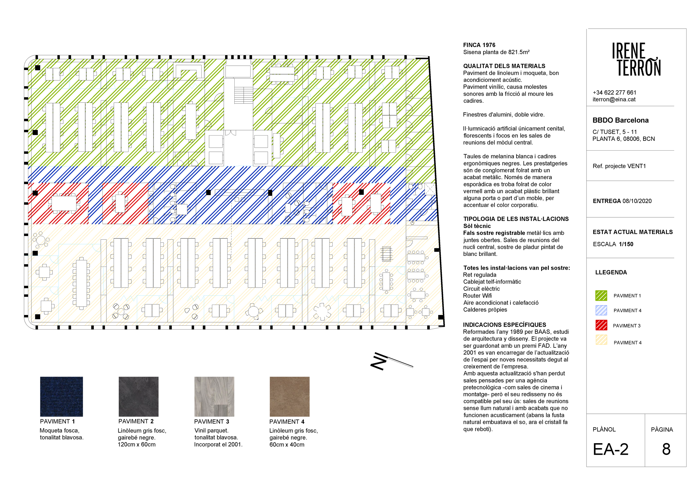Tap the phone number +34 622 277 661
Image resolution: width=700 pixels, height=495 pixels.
click(x=614, y=92)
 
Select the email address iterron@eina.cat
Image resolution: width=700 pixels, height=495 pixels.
click(x=614, y=99)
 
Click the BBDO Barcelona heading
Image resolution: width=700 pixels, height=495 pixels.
click(x=620, y=120)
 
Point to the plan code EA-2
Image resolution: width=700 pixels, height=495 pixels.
click(x=611, y=449)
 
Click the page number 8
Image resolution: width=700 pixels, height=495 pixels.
click(x=666, y=449)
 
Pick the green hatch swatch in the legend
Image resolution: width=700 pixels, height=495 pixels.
click(x=601, y=295)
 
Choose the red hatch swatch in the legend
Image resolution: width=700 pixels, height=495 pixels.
click(x=601, y=325)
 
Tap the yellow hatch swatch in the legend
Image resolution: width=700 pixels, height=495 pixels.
click(x=601, y=340)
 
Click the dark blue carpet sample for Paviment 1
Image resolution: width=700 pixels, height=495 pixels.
click(x=62, y=396)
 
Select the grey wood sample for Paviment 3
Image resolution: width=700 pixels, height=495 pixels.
click(x=214, y=396)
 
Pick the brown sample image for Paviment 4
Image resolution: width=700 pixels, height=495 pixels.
click(x=290, y=396)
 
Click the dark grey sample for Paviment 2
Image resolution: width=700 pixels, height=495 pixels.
click(x=138, y=396)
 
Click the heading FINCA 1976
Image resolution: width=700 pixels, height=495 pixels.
click(x=479, y=45)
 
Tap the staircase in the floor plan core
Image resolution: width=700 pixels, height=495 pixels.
click(x=244, y=95)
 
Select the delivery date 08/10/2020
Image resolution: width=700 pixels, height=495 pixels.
click(x=637, y=201)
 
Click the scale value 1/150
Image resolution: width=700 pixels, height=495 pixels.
click(x=626, y=244)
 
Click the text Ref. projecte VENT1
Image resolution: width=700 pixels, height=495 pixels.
click(x=619, y=166)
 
